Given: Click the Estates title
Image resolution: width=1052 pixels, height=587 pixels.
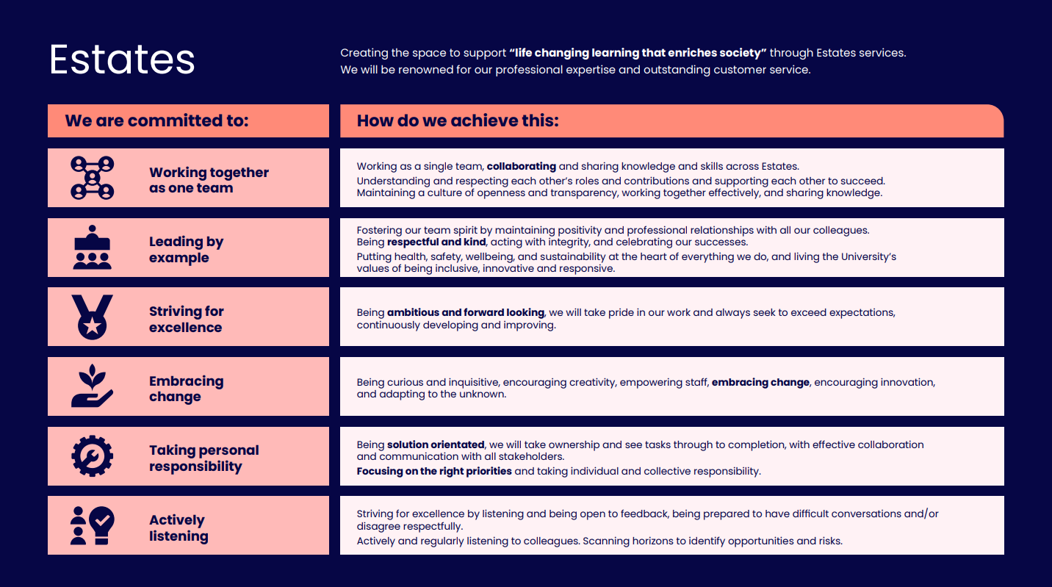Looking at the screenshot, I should tap(122, 60).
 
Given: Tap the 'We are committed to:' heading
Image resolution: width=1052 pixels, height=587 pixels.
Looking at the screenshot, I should tap(156, 120).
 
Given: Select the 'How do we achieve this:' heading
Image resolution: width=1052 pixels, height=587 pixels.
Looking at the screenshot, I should tap(458, 120).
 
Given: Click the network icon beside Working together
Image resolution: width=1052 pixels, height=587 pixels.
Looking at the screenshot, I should tap(93, 178).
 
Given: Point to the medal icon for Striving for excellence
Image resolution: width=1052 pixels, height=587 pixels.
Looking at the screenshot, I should tap(93, 317).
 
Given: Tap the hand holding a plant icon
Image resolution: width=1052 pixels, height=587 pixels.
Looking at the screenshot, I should tap(93, 386).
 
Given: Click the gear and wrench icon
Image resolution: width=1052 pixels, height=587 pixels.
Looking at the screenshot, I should tap(93, 456).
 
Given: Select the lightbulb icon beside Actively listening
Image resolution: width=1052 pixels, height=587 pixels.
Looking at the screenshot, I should tap(101, 525).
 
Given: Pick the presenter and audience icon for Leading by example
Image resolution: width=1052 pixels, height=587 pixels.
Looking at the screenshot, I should tap(93, 248).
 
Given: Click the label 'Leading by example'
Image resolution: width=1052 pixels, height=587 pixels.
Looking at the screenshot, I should tap(186, 250).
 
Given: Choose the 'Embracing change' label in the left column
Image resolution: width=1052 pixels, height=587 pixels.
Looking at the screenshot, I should tap(186, 389).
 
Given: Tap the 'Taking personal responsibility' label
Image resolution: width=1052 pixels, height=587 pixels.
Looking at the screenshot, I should tap(203, 458).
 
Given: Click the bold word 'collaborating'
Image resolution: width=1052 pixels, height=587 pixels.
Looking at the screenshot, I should tap(521, 166).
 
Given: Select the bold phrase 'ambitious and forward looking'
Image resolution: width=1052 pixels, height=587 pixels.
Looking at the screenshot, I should tap(465, 312).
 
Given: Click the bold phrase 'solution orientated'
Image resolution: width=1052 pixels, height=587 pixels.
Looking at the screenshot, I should tap(436, 444).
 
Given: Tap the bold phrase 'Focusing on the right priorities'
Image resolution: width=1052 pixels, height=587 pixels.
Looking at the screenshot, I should tap(434, 471).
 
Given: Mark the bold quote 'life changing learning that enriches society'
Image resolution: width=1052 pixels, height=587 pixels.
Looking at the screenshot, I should tap(638, 53).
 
